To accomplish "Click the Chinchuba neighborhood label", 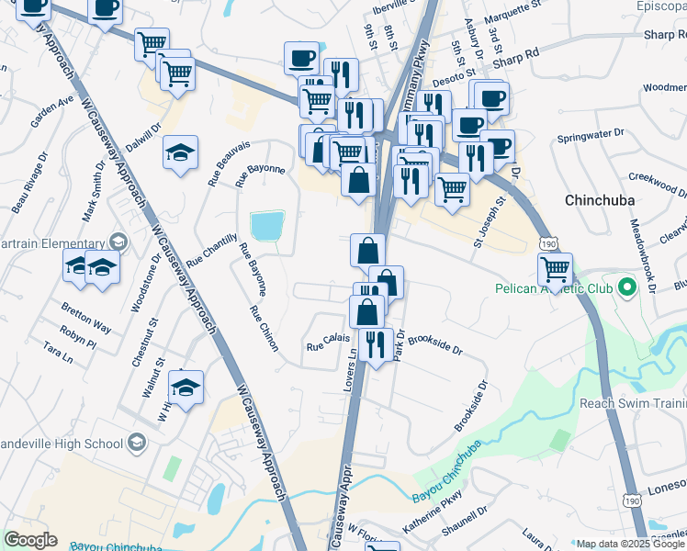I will click(x=601, y=199).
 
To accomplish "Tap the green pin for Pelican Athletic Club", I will click(x=627, y=288).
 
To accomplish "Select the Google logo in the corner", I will click(x=30, y=540).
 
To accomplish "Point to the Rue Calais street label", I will click(x=329, y=346).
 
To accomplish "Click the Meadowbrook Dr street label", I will click(x=640, y=256).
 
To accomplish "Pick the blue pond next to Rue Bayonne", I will click(x=267, y=226).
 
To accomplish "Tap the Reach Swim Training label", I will click(x=633, y=403).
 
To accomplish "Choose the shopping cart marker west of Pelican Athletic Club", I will click(x=555, y=269).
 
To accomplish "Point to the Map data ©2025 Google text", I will click(x=630, y=544).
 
